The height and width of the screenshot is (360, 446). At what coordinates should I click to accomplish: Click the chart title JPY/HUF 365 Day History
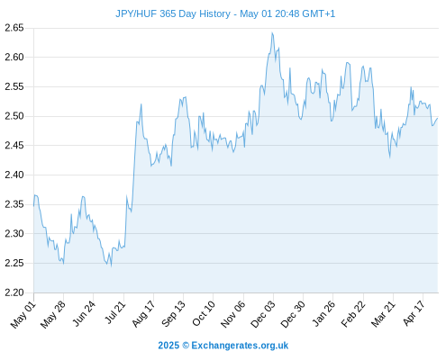pos(173,13)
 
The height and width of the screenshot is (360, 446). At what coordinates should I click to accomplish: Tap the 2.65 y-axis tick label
pos(14,28)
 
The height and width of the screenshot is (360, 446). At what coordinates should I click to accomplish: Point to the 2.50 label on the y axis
pos(14,116)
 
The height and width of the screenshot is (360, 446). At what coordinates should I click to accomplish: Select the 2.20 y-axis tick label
pos(14,292)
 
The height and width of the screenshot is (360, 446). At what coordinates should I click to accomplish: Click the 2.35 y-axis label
pos(14,204)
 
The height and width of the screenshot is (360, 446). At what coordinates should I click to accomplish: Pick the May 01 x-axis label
pos(23,315)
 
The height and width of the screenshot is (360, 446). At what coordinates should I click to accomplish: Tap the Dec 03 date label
pos(263,315)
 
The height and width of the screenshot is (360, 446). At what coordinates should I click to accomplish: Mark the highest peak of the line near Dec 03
pos(272,32)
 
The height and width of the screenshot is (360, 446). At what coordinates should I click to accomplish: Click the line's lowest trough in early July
pos(111,266)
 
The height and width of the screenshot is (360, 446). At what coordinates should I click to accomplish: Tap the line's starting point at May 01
pos(33,206)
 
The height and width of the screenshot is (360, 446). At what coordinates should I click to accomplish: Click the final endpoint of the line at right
pos(438,118)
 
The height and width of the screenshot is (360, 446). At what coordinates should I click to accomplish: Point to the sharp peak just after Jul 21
pos(141,104)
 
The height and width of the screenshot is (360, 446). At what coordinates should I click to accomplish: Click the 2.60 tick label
pos(14,57)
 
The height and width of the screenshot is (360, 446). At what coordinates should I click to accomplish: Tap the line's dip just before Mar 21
pos(390,157)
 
